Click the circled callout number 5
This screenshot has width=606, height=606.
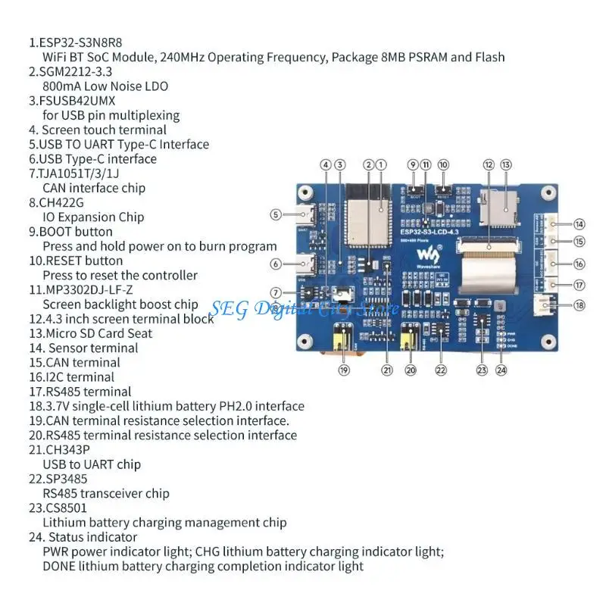276,214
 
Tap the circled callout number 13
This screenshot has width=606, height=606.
505,164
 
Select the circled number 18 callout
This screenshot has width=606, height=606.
579,305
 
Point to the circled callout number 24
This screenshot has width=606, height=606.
501,370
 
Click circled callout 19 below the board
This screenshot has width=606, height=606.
344,370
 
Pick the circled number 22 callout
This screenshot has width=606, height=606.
441,370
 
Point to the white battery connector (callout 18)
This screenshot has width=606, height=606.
541,305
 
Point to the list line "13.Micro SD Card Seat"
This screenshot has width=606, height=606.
91,333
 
